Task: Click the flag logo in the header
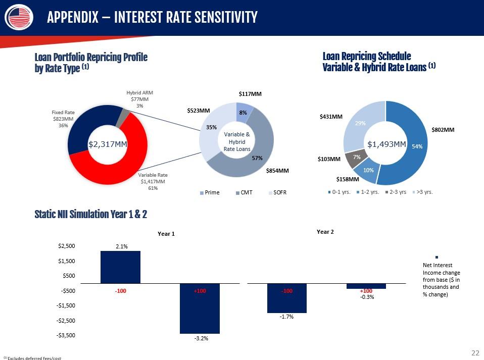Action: click(19, 17)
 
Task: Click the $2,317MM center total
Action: click(108, 144)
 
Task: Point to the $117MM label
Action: click(250, 94)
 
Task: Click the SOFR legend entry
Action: click(277, 192)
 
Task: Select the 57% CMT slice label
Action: click(257, 158)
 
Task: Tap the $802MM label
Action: click(443, 130)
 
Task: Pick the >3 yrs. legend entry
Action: click(422, 192)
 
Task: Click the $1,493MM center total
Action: click(387, 144)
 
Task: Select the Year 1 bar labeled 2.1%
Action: click(120, 267)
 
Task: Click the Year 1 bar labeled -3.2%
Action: click(200, 308)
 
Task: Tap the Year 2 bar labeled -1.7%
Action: click(287, 298)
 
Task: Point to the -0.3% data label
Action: click(367, 297)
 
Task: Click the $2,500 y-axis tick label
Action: click(66, 246)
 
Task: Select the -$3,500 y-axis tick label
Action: click(66, 335)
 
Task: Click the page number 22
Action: click(475, 353)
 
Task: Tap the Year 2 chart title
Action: click(325, 232)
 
